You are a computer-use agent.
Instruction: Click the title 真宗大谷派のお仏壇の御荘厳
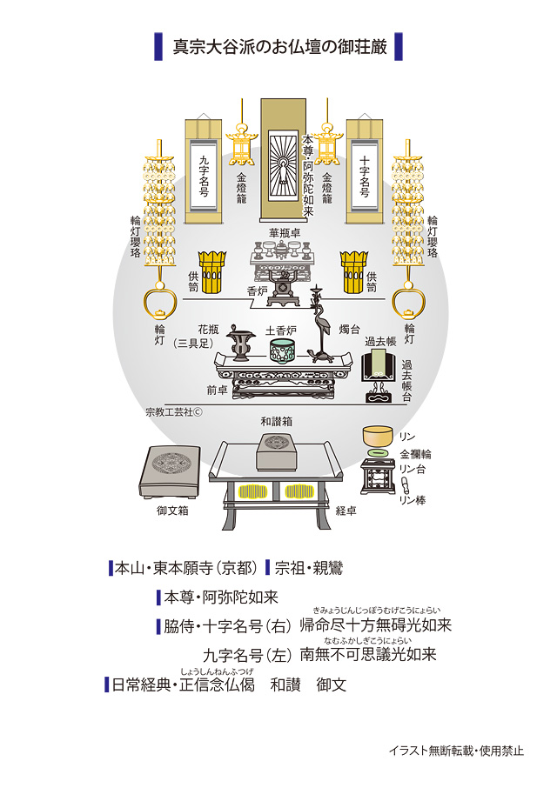pyautogui.click(x=278, y=46)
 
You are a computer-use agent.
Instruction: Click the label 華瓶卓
pyautogui.click(x=285, y=232)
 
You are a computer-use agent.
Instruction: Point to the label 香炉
pyautogui.click(x=257, y=292)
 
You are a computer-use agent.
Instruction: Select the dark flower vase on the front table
pyautogui.click(x=245, y=349)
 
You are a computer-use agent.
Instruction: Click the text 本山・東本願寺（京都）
pyautogui.click(x=185, y=569)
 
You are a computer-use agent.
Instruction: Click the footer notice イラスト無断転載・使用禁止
pyautogui.click(x=456, y=750)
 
